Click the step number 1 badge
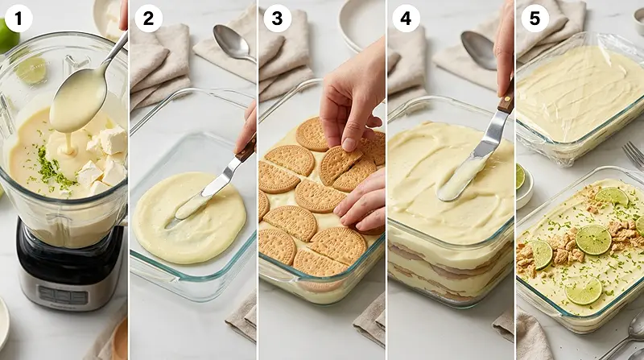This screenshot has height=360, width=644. coord(18,18)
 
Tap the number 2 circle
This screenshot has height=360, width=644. coord(147,18)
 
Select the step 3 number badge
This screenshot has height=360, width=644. coord(277,18)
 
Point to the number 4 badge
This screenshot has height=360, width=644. coord(405,18)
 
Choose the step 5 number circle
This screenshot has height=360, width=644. coord(533,18)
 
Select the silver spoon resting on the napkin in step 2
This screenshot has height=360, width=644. coord(233,43)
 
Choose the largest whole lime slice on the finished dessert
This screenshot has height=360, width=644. coord(593,239)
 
